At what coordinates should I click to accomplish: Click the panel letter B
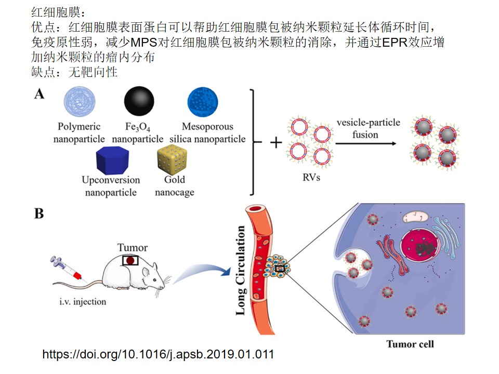coord(39,213)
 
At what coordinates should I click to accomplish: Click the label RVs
coord(311,177)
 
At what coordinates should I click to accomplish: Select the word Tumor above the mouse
coord(132,247)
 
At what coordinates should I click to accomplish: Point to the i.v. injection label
coord(83,301)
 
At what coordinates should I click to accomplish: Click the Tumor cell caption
coord(410,344)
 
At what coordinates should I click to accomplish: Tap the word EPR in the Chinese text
coord(397,44)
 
